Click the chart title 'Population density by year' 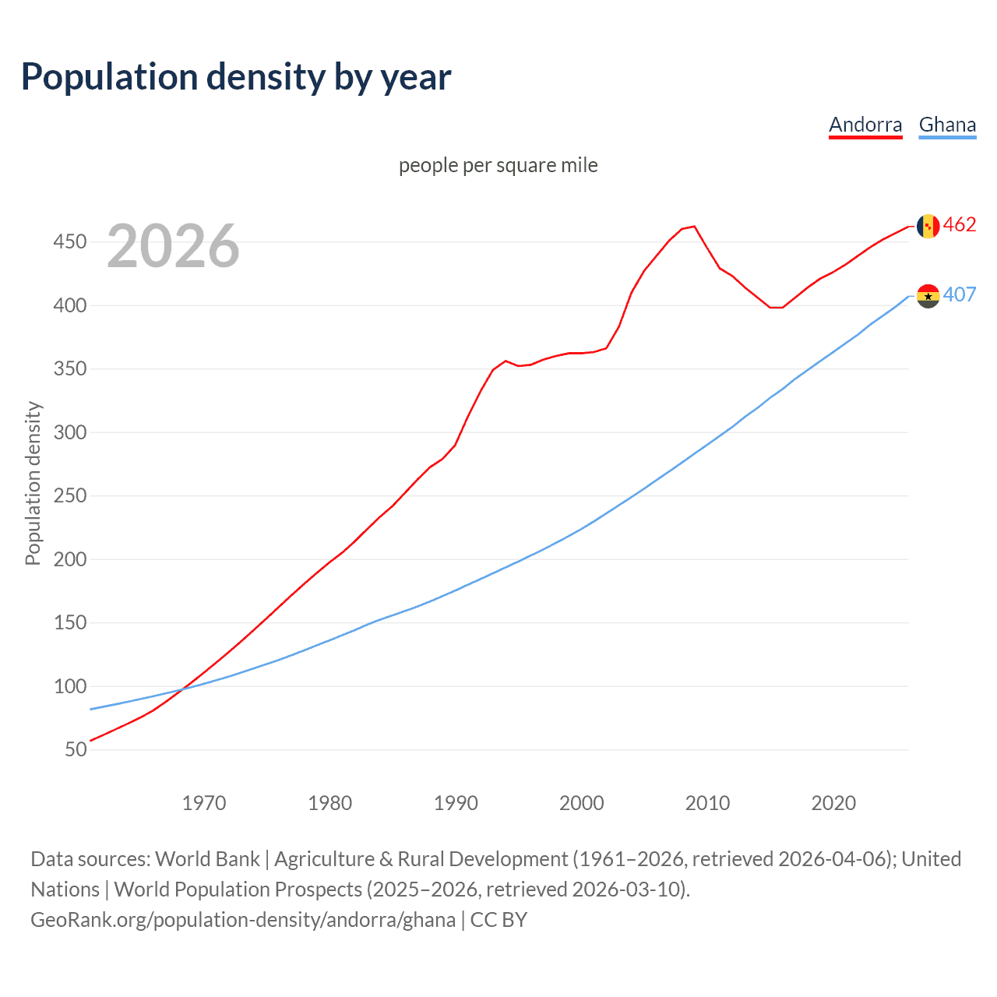point(236,76)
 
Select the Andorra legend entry point(865,125)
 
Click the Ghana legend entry point(946,125)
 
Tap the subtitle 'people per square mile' point(498,165)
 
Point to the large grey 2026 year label point(173,246)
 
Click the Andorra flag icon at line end point(928,226)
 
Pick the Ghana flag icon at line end point(928,296)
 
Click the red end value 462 point(960,225)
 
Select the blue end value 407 point(960,294)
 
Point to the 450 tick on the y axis point(69,241)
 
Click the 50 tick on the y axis point(76,749)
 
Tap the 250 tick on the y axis point(69,495)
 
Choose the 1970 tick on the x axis point(204,803)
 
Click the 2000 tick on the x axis point(581,803)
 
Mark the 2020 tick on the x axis point(833,803)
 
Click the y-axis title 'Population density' point(33,483)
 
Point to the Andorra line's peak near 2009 point(694,227)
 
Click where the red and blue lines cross point(183,689)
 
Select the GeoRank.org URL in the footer point(243,920)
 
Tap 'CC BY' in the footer point(498,920)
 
